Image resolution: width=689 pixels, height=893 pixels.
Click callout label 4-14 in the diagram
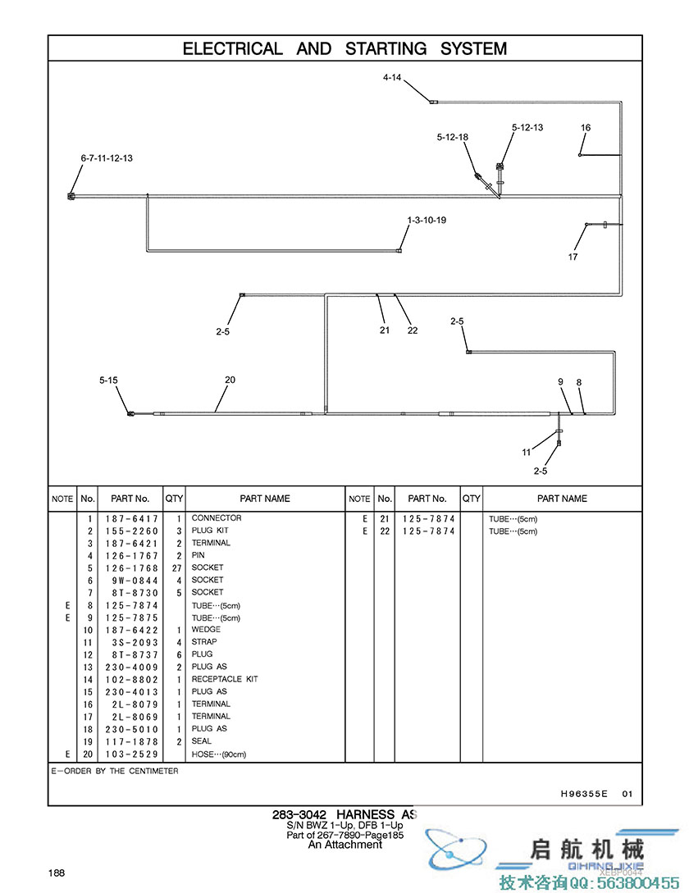(x=392, y=78)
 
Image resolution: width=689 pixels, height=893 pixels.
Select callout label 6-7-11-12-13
(x=107, y=158)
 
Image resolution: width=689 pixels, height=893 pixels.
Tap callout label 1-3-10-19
(x=427, y=220)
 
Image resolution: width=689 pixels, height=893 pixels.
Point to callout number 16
(x=586, y=128)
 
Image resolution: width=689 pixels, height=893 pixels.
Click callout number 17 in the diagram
(x=573, y=257)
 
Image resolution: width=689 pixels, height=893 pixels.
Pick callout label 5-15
(x=109, y=380)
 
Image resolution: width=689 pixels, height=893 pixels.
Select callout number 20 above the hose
(x=230, y=380)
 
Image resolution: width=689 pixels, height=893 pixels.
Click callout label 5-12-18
(x=453, y=138)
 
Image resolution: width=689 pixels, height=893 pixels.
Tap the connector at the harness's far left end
(x=71, y=197)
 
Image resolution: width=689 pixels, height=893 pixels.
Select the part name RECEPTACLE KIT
(x=225, y=679)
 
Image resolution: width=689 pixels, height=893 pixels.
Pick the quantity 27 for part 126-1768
(x=176, y=567)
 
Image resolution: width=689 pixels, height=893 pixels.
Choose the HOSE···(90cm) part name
(x=219, y=754)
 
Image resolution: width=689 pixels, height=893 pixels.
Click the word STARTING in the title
(x=386, y=48)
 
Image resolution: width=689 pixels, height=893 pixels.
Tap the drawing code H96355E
(x=584, y=794)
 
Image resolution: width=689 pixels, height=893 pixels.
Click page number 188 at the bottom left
(x=57, y=872)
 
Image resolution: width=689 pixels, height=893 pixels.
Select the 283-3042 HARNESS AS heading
(x=344, y=815)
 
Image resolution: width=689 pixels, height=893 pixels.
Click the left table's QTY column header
(x=174, y=499)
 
